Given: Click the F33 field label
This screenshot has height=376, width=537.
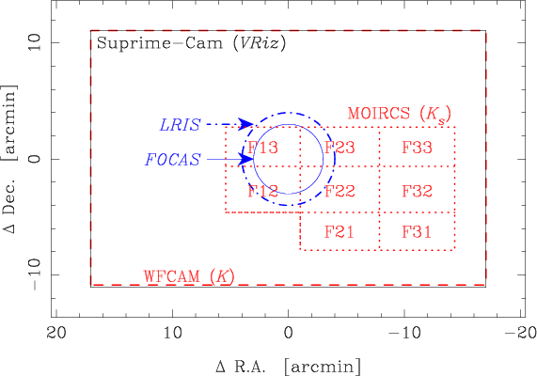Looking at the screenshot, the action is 417,148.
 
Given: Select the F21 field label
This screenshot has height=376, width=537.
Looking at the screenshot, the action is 340,232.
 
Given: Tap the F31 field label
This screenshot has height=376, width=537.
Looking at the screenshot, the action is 417,232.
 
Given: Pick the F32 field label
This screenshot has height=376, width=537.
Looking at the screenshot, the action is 417,191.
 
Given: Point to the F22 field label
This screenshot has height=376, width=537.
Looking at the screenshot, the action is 340,191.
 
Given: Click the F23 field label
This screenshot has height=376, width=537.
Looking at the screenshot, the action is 340,148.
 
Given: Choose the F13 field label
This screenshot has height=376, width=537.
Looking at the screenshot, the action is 262,148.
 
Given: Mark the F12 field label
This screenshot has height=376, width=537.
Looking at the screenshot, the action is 262,191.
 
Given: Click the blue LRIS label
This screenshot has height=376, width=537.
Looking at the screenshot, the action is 180,125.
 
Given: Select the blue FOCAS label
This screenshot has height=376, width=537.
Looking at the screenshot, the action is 173,160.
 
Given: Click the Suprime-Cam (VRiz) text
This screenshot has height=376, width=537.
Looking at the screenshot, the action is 191,43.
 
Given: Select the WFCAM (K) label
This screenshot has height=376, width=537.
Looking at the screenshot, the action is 189,276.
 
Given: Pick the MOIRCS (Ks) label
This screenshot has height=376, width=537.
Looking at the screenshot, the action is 400,114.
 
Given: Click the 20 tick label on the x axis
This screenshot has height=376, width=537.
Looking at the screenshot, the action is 56,332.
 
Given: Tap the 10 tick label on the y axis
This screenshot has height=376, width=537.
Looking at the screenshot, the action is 35,43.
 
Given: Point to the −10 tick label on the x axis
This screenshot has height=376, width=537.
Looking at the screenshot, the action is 404,332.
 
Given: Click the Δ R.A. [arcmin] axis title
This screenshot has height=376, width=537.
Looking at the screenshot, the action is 289,367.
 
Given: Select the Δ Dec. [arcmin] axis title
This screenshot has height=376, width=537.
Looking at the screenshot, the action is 8,158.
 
